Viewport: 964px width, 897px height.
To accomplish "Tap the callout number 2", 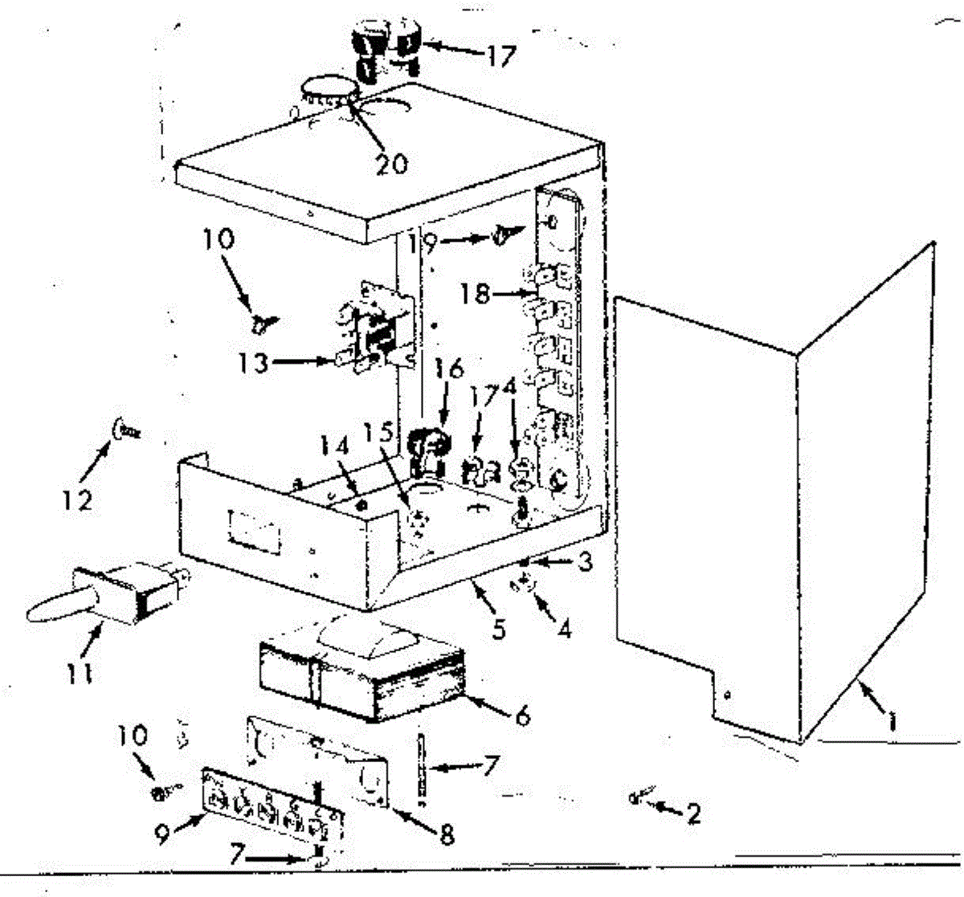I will (691, 813).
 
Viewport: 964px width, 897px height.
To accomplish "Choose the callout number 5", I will (499, 630).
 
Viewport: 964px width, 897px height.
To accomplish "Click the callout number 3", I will (585, 562).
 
